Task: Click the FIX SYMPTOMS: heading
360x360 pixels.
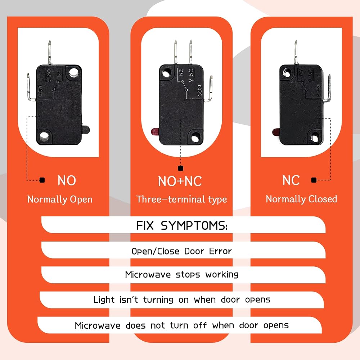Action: click(x=181, y=225)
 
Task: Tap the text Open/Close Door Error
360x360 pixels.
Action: click(x=181, y=251)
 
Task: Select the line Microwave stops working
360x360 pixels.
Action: click(x=181, y=274)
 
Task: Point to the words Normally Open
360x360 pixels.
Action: click(x=60, y=199)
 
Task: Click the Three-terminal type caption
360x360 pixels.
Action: click(x=181, y=199)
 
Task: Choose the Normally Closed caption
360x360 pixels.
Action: click(x=301, y=199)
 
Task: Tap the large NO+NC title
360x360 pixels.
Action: click(x=180, y=181)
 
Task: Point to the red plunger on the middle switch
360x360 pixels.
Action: click(x=155, y=132)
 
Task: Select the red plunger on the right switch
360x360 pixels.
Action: click(x=276, y=132)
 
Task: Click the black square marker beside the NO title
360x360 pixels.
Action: click(x=42, y=180)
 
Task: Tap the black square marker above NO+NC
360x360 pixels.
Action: click(x=181, y=168)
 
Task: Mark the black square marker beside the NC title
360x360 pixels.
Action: click(x=314, y=180)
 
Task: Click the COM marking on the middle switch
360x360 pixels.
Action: click(x=199, y=90)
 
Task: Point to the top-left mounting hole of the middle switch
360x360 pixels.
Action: click(x=166, y=73)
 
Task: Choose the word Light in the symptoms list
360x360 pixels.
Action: click(x=104, y=300)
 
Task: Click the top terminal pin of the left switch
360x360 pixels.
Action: click(x=50, y=52)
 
